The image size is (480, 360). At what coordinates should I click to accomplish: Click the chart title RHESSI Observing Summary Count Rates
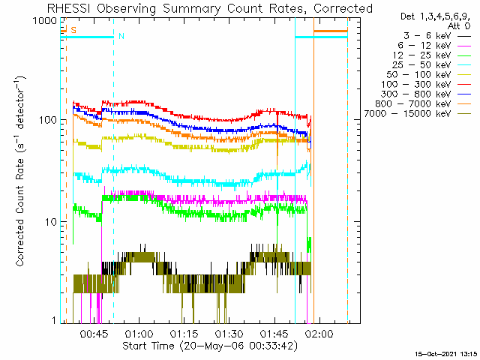[210, 8]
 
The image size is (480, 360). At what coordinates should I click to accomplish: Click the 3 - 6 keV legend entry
[425, 35]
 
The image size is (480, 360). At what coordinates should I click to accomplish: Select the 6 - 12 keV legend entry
[425, 45]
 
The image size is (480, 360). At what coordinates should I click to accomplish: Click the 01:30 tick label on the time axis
[230, 333]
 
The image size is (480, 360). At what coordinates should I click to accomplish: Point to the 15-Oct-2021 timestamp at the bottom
[446, 353]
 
